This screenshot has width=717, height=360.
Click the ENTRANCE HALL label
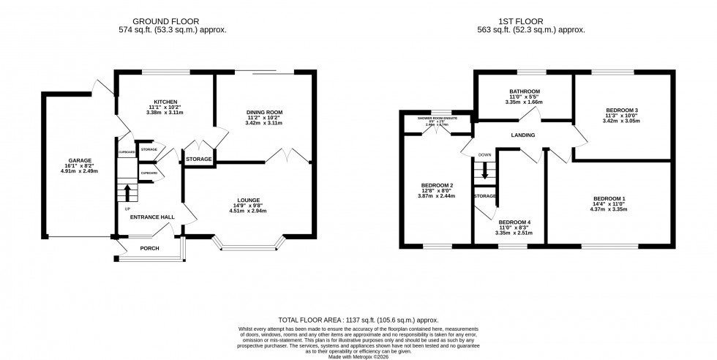coord(151,217)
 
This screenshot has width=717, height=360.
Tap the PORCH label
coord(149,248)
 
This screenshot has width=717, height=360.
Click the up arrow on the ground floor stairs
coord(128,192)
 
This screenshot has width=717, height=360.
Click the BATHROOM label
coord(524,93)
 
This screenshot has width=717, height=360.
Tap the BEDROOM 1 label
coord(609,199)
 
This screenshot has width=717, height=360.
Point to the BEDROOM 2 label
coord(438,185)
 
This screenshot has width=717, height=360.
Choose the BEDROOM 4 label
coord(515,222)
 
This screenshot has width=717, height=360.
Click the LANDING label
coord(523,135)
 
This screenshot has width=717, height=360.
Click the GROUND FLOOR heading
coord(172,21)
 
